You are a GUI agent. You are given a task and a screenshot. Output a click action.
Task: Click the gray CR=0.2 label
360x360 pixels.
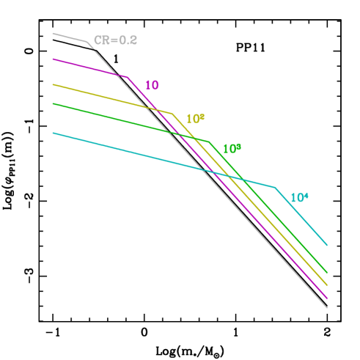tap(115, 40)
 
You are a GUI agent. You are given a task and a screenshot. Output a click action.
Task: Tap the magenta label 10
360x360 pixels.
tap(152, 85)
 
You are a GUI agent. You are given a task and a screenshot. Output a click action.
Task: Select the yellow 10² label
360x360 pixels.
tap(195, 119)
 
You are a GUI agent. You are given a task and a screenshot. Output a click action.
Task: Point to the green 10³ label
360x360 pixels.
tap(232, 149)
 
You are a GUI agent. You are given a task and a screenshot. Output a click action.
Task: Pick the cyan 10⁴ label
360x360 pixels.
tap(299, 197)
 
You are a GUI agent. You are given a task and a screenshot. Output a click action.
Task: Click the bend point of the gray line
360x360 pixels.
tap(88, 42)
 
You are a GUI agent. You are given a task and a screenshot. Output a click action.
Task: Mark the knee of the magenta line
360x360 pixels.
tap(128, 76)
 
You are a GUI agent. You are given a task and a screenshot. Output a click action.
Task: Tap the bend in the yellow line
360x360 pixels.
tap(172, 114)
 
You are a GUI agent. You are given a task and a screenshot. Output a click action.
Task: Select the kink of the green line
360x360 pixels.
tap(209, 142)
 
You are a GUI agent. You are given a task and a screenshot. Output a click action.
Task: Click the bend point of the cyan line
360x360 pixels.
tap(276, 187)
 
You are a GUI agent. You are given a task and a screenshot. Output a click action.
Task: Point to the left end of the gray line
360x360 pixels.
tap(53, 34)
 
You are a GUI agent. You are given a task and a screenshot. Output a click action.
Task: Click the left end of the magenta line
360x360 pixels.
tap(53, 59)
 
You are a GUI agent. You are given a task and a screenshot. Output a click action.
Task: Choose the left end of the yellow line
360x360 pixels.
tap(53, 84)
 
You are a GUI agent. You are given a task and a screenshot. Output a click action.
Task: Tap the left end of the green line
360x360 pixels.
tap(53, 104)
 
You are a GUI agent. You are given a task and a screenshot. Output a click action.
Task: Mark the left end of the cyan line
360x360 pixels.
tap(53, 133)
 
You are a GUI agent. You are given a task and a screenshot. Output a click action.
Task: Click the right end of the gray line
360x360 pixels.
tap(327, 308)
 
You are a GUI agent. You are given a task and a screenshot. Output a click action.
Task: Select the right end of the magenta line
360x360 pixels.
tap(327, 298)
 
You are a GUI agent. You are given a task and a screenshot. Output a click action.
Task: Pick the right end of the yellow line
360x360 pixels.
tap(327, 286)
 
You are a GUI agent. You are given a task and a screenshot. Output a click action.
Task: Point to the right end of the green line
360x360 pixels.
tap(327, 273)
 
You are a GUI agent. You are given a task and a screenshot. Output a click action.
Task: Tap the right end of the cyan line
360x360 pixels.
tap(327, 245)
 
